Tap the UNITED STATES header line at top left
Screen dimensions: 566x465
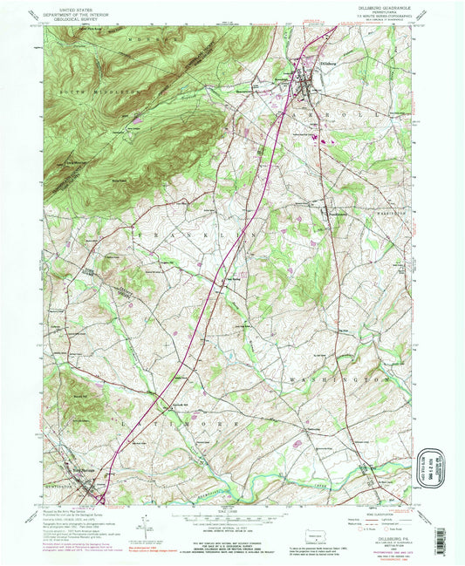coord(68,8)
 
